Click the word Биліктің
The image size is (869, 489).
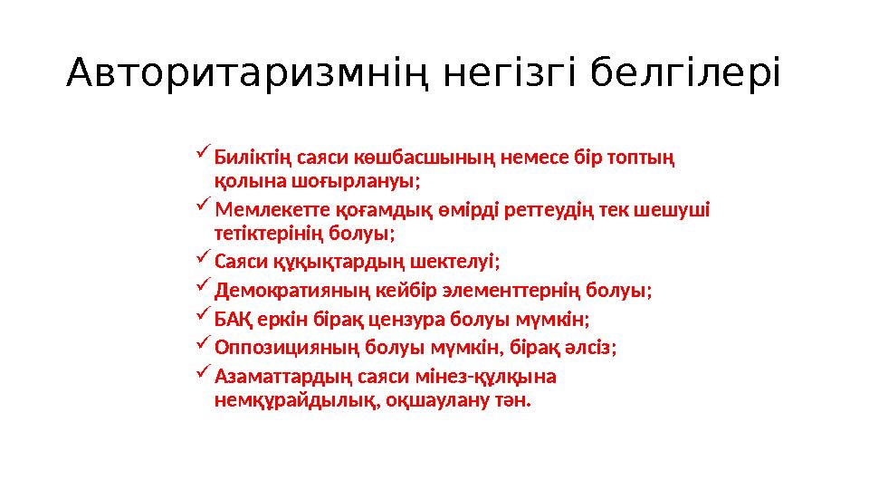coord(247,158)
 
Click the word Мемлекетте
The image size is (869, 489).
coord(264,211)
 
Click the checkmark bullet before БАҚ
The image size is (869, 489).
coord(202,318)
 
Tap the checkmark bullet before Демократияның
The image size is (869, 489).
coord(202,290)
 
